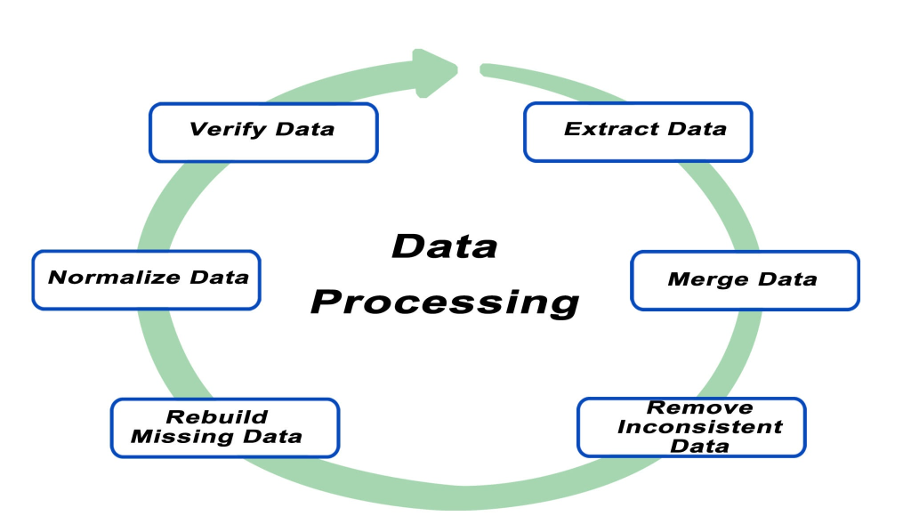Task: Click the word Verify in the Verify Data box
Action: pyautogui.click(x=227, y=130)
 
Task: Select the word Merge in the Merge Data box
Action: pyautogui.click(x=707, y=279)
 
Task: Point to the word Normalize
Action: pyautogui.click(x=114, y=277)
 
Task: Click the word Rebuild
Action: pyautogui.click(x=217, y=416)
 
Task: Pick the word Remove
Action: pyautogui.click(x=699, y=407)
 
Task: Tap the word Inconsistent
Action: pyautogui.click(x=699, y=426)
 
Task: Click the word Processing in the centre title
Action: pyautogui.click(x=445, y=302)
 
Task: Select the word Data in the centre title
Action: pyautogui.click(x=445, y=246)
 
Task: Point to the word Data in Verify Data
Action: pyautogui.click(x=305, y=128)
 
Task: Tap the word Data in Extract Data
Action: pyautogui.click(x=697, y=128)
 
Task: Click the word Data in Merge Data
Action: pyautogui.click(x=787, y=278)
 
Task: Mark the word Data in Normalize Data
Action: pyautogui.click(x=219, y=277)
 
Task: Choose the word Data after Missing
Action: pyautogui.click(x=272, y=436)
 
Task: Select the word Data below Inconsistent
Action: pyautogui.click(x=699, y=446)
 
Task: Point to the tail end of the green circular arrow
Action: pyautogui.click(x=482, y=69)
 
